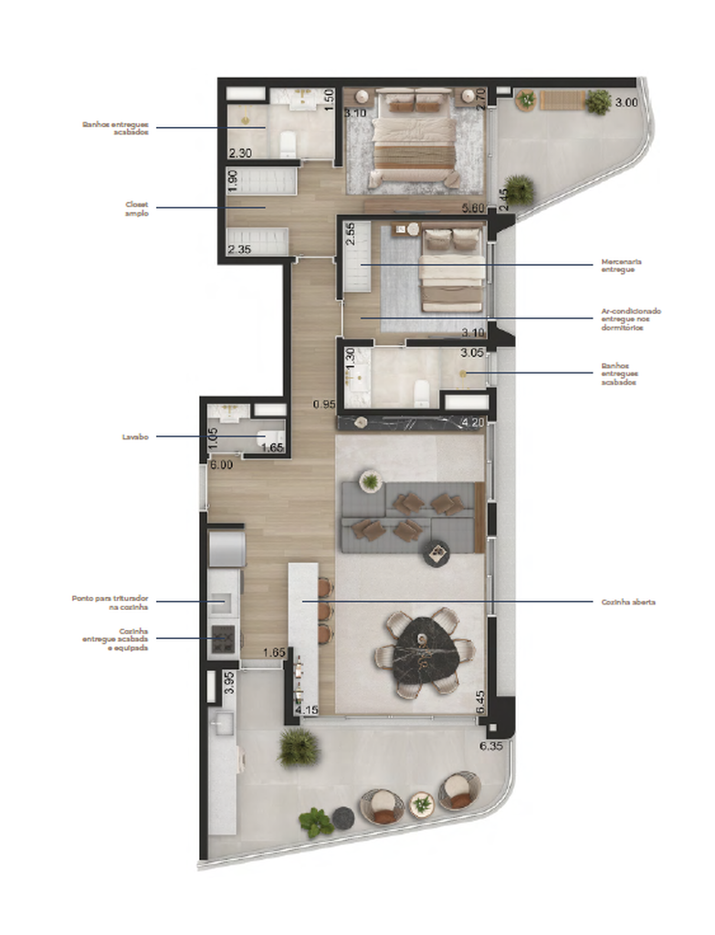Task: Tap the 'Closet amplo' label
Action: click(x=136, y=208)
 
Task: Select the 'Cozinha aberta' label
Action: click(x=628, y=603)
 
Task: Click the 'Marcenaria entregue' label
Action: click(x=621, y=265)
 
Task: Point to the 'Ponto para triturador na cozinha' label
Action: click(x=110, y=603)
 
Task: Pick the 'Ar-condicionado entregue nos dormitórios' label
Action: click(x=631, y=319)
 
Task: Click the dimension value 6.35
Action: click(x=493, y=745)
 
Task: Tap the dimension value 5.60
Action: click(x=473, y=208)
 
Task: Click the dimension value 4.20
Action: click(x=473, y=423)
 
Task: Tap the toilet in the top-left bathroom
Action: click(x=288, y=143)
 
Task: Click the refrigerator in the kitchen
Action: click(x=225, y=549)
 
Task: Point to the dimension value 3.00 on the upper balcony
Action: click(x=626, y=102)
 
